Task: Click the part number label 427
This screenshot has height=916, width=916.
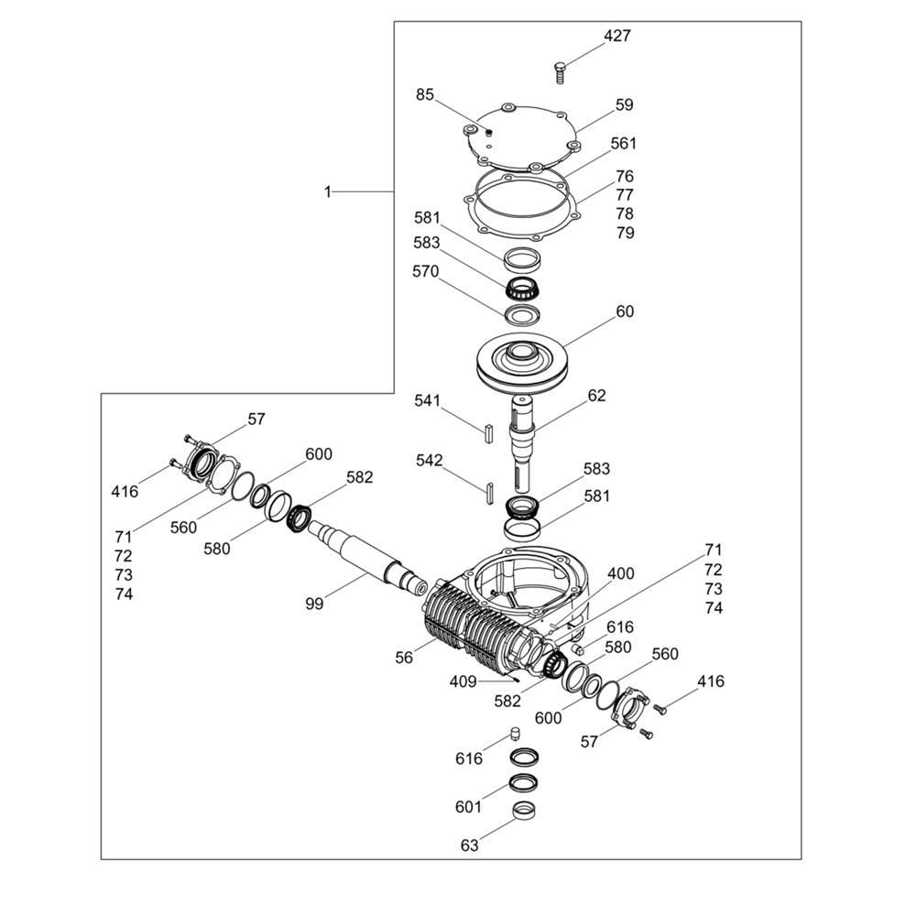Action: click(616, 37)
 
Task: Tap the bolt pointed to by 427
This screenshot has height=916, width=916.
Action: click(560, 72)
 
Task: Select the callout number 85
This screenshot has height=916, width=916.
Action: click(425, 94)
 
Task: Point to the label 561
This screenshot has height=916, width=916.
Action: click(623, 144)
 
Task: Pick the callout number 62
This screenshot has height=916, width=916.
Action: click(596, 396)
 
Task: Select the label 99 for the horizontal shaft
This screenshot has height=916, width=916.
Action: click(314, 604)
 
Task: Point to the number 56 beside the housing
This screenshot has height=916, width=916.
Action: click(404, 657)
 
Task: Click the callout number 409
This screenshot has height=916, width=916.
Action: click(463, 682)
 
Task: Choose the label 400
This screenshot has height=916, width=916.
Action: click(620, 573)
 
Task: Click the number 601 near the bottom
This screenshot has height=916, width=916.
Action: click(468, 807)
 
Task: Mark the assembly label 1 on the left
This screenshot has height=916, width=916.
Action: click(328, 191)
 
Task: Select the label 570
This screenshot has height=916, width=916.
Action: click(425, 272)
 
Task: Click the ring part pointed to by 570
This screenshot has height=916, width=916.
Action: click(522, 315)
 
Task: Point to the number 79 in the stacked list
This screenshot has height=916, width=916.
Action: click(625, 233)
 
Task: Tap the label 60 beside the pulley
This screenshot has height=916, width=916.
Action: click(625, 311)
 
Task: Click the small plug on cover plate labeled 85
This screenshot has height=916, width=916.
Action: click(489, 131)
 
